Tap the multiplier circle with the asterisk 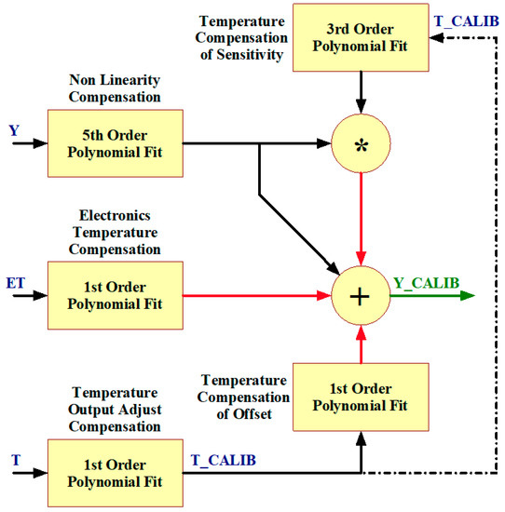(360, 144)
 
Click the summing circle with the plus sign (360, 296)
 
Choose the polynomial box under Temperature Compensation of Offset (360, 396)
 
